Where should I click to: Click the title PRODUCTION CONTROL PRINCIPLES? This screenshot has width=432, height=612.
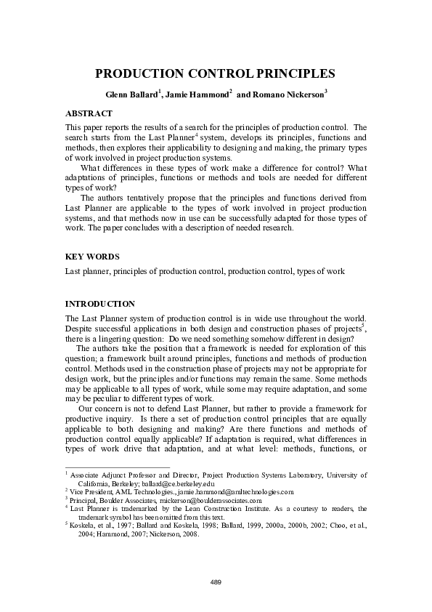pyautogui.click(x=215, y=73)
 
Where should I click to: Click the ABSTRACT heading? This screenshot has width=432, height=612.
pyautogui.click(x=89, y=114)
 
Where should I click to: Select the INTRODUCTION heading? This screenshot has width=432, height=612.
pyautogui.click(x=100, y=303)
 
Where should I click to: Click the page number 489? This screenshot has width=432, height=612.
pyautogui.click(x=216, y=582)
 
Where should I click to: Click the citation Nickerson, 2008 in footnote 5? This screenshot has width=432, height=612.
pyautogui.click(x=171, y=533)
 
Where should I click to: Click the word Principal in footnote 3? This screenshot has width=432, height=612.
pyautogui.click(x=84, y=501)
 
